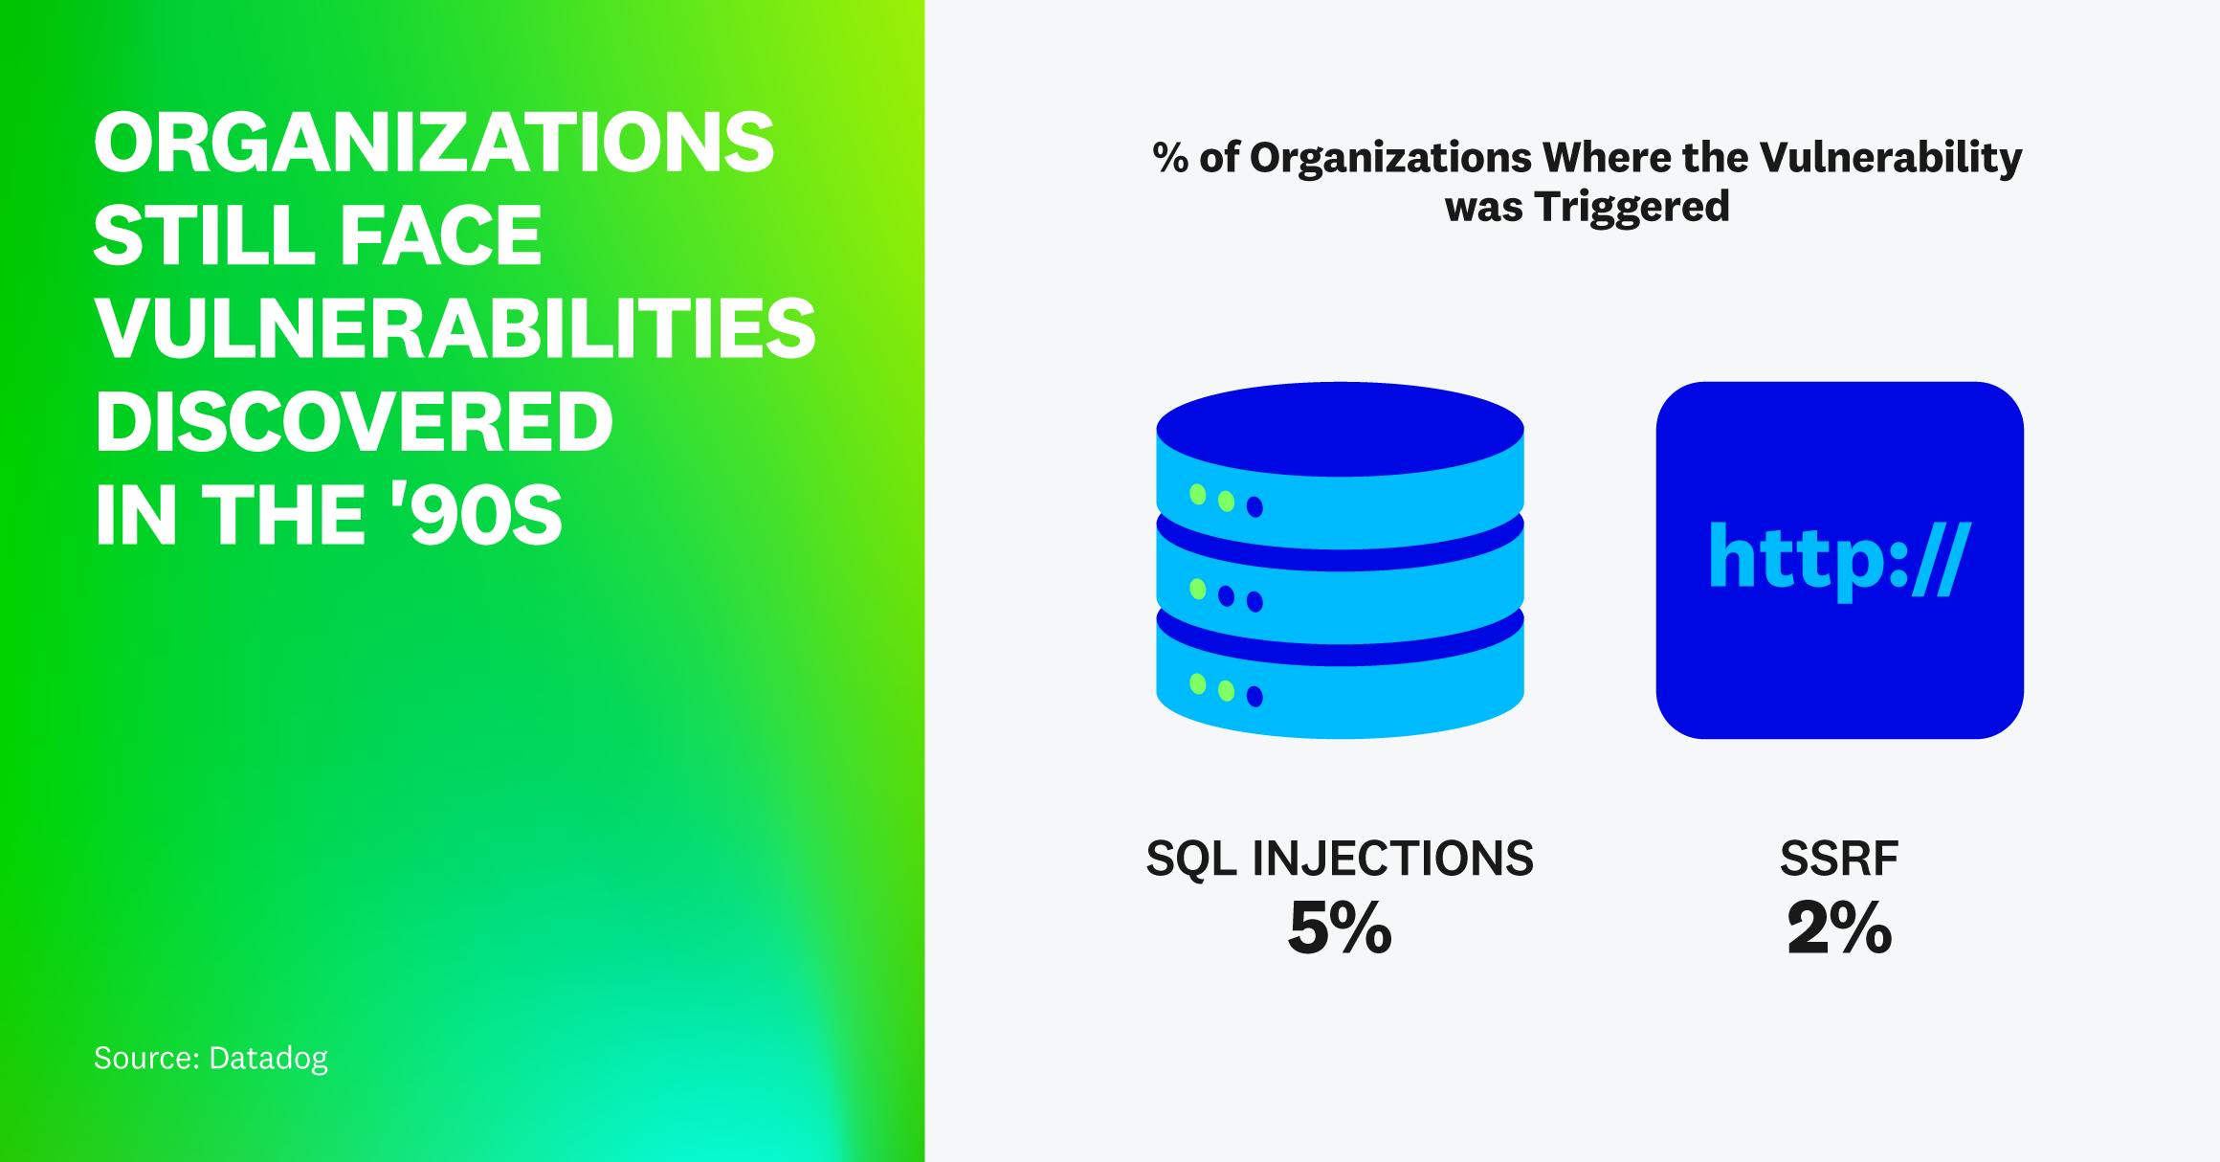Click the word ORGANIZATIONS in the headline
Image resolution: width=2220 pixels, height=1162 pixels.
tap(433, 144)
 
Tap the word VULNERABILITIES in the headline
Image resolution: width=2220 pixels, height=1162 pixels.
tap(455, 330)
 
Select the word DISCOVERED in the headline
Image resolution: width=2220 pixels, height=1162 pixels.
tap(354, 423)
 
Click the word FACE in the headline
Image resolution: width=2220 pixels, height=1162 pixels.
tap(439, 236)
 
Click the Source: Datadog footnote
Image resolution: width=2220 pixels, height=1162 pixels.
tap(211, 1058)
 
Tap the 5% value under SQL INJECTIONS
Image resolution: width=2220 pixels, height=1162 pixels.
tap(1339, 928)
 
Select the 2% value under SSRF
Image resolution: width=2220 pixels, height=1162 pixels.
tap(1839, 928)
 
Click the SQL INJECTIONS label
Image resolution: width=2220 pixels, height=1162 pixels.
tap(1339, 859)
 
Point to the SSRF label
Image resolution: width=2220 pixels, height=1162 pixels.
tap(1839, 859)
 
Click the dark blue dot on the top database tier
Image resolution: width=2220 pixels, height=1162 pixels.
tap(1254, 506)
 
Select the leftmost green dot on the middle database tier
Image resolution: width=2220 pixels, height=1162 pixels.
tap(1197, 590)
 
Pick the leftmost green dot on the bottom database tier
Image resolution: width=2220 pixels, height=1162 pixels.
tap(1197, 683)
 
